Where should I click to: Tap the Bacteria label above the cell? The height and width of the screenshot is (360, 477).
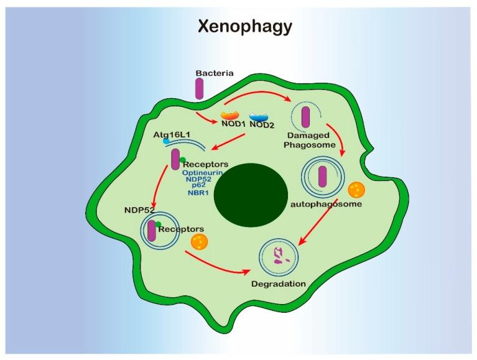click(215, 73)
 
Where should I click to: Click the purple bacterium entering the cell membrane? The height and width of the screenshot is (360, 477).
click(199, 89)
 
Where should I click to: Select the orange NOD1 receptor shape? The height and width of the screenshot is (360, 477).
click(230, 116)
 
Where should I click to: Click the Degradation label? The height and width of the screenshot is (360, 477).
click(278, 284)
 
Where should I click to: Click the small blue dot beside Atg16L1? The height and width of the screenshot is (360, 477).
click(166, 142)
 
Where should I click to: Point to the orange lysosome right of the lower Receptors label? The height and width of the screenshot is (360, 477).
click(200, 241)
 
